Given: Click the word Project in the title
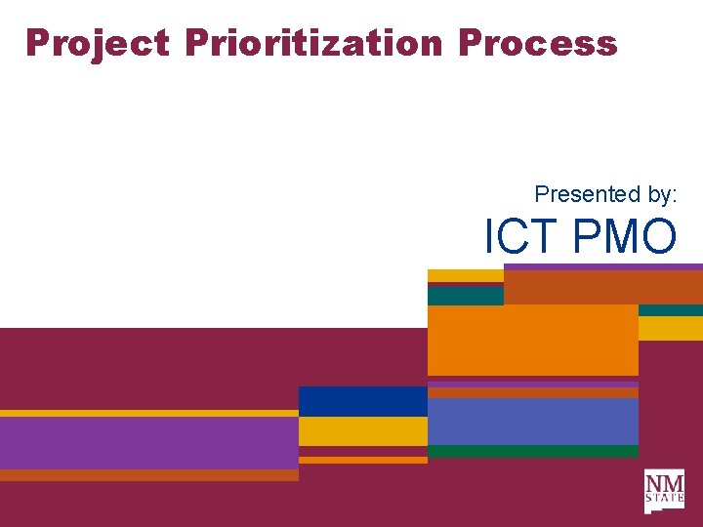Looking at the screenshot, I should coord(97,43).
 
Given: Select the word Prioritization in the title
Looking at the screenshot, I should coord(313,43).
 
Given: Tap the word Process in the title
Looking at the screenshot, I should coord(537,43).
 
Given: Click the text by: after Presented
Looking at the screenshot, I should coord(655,195).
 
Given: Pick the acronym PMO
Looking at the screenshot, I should coord(625,236).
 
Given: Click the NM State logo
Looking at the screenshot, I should coord(664,491).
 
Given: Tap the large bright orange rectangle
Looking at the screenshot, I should coord(532,340).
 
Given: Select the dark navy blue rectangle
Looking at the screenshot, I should coord(362,401).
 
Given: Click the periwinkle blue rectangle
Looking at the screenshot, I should coord(532,421).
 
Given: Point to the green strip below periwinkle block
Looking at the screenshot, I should coord(532,451).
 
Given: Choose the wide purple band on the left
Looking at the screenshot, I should coord(148,442).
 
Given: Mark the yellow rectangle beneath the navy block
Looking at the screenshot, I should coord(362,430).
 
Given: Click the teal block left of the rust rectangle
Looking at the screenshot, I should coord(465,296).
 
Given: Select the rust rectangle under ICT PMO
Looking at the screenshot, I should coord(602,287).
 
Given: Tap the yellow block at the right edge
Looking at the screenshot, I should coord(670,328).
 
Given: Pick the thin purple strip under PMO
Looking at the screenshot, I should coord(602,266).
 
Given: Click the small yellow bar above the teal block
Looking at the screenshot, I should coord(465,275).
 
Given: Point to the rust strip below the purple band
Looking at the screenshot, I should coord(148,475).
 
